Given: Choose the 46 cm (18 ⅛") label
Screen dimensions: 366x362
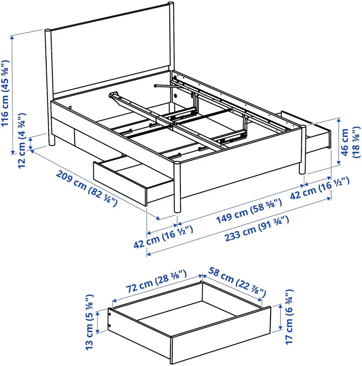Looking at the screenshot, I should tap(349, 142).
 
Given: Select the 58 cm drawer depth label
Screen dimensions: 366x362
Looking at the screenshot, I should tap(237, 281).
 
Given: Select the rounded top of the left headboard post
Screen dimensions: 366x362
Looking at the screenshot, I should tap(48, 31).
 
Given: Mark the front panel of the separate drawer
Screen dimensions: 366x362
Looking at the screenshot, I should tap(220, 335).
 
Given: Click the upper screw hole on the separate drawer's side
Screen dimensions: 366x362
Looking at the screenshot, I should tap(110, 314).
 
